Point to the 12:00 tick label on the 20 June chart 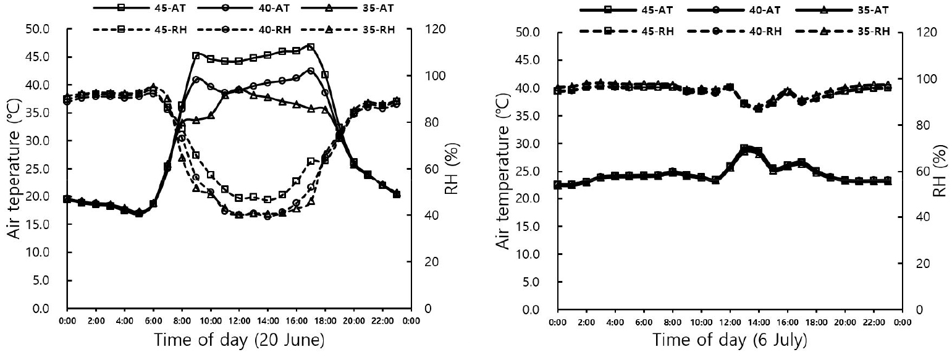[x=240, y=320]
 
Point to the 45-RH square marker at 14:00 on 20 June [x=267, y=199]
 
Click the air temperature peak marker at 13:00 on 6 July [x=744, y=149]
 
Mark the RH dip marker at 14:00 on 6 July [x=759, y=108]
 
